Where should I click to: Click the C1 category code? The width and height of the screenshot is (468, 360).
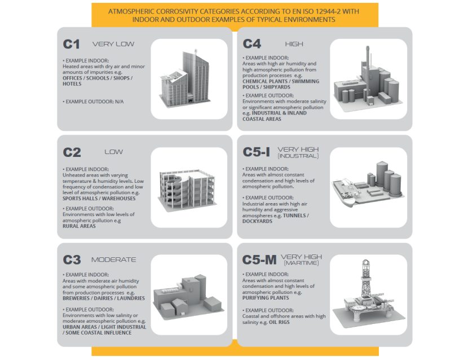72,44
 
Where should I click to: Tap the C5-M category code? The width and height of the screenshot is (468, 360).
259,260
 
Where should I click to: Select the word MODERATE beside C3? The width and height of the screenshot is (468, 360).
114,260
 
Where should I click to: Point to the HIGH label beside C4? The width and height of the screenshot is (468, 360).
294,44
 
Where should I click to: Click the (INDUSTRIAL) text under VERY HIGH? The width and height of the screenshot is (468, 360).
298,156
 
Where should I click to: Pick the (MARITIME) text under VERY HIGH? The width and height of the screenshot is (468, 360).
302,263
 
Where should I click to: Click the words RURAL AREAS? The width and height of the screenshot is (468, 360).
79,226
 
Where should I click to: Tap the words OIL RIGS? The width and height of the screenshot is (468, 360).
279,322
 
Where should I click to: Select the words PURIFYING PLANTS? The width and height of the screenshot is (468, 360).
266,298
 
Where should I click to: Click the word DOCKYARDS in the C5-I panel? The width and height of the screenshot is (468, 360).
257,221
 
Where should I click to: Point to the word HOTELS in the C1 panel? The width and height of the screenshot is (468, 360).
72,84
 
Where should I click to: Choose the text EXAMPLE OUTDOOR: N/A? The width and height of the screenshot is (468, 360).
93,102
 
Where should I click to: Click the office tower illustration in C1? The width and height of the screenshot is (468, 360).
186,78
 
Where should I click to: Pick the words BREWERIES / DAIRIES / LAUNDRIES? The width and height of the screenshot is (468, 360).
104,298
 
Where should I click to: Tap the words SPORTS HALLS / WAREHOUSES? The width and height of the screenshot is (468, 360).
99,199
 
